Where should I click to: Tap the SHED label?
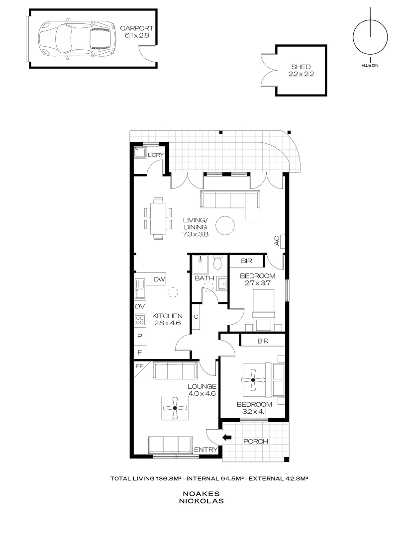[301, 67]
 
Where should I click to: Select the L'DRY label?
[156, 156]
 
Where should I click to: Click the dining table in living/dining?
[158, 218]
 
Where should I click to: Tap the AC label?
[276, 241]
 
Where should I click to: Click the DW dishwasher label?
[159, 280]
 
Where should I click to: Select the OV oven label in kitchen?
[139, 306]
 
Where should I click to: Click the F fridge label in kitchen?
[139, 352]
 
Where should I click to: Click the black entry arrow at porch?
[227, 438]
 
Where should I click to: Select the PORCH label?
[256, 441]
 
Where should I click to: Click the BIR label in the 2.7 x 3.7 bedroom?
[246, 261]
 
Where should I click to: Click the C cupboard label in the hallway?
[196, 316]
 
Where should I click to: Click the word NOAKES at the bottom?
[202, 494]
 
